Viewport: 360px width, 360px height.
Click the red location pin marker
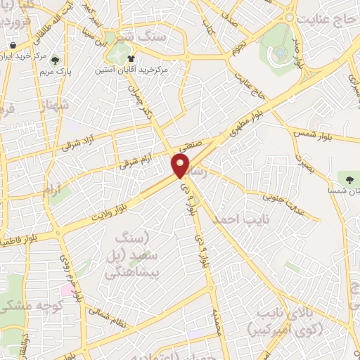[181, 165]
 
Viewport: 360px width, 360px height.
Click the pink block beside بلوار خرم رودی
[65, 289]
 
